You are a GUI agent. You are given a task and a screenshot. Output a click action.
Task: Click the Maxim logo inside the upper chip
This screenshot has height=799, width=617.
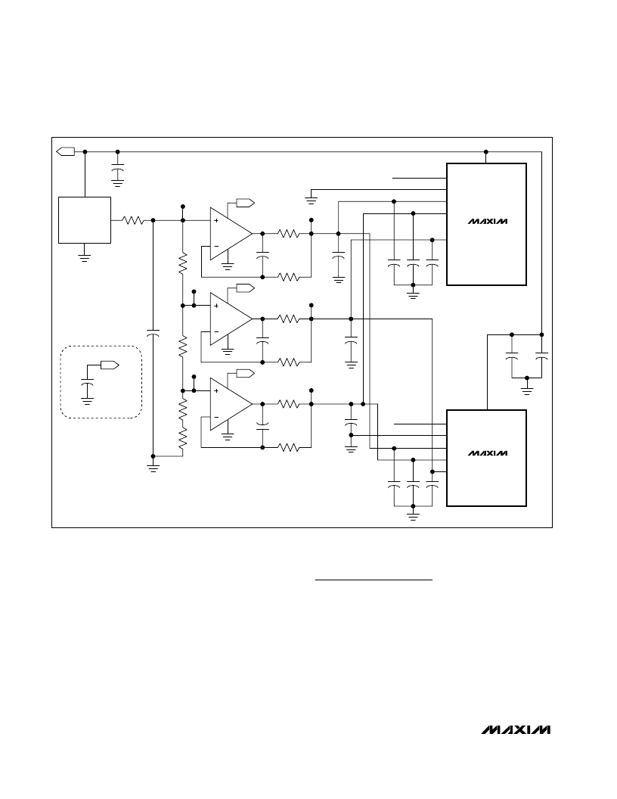tap(487, 222)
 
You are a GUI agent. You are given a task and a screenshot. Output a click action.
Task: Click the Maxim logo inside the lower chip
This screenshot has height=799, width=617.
tap(487, 453)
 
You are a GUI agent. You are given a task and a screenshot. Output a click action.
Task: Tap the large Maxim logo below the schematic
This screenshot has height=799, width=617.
tap(516, 729)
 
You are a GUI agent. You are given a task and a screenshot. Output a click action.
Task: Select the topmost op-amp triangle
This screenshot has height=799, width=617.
tap(231, 234)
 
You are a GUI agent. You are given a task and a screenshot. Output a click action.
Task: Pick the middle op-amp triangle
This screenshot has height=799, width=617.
tap(231, 319)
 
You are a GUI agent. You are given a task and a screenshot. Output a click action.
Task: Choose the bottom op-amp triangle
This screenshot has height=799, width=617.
tap(231, 404)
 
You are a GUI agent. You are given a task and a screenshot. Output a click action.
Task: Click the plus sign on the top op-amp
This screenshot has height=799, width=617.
tap(216, 221)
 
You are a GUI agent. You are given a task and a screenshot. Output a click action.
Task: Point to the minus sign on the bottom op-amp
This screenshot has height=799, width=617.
tap(216, 418)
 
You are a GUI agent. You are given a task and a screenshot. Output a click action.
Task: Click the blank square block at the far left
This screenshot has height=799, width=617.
tap(85, 220)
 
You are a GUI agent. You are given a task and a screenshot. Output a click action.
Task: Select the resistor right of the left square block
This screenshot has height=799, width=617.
tap(133, 220)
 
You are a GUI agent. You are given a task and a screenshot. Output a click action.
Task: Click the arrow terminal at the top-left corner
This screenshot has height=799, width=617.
tap(65, 151)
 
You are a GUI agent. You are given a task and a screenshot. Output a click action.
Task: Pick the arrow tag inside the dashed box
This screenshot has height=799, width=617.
tap(110, 365)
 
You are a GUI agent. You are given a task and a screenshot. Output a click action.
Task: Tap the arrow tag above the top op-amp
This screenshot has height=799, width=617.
tap(245, 203)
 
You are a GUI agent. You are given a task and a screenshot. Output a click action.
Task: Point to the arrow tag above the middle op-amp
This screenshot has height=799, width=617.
tap(245, 288)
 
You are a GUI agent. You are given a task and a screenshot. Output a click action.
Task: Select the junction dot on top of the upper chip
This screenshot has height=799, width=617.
tap(486, 152)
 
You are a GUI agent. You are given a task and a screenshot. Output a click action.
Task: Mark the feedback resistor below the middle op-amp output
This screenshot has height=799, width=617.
tap(288, 362)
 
